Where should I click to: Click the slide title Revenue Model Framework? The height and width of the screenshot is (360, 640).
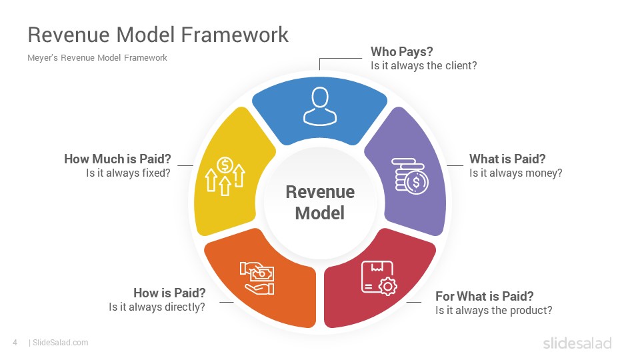tap(158, 34)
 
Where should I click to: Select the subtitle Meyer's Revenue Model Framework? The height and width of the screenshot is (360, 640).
tap(97, 58)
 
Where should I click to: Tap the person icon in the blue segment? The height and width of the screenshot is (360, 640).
tap(320, 106)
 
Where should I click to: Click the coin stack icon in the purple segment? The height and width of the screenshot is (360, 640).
tap(410, 176)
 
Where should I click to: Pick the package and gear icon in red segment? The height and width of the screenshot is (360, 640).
tap(379, 278)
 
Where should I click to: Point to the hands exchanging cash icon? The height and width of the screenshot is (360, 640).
tap(257, 278)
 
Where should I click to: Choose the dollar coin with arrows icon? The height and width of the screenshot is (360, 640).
tap(225, 176)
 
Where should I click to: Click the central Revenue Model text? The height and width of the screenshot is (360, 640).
tap(320, 203)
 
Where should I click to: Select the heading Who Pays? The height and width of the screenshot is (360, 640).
tap(401, 51)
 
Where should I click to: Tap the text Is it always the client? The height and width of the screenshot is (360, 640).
tap(424, 66)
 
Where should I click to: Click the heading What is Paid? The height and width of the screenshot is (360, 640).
tap(507, 159)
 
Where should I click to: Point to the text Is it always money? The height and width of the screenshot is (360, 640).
tap(516, 173)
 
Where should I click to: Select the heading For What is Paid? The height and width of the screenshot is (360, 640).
tap(485, 296)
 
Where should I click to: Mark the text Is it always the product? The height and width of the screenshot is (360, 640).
tap(494, 310)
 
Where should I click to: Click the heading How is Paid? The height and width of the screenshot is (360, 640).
tap(169, 293)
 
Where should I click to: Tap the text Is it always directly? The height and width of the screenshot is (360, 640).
tap(157, 307)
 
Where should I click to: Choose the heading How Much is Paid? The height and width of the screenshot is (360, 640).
tap(117, 159)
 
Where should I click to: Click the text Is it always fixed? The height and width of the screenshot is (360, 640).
tap(128, 173)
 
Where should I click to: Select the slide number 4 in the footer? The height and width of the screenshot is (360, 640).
tap(15, 343)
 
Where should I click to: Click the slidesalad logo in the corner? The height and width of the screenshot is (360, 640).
tap(577, 343)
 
